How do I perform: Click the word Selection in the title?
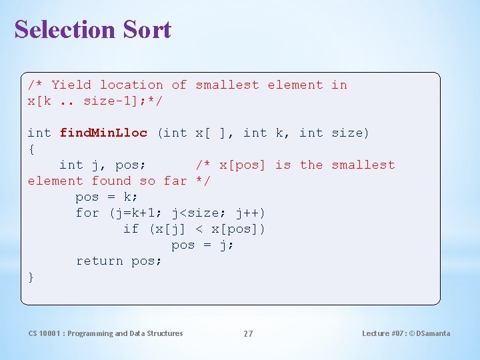(55, 29)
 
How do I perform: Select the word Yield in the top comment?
(71, 85)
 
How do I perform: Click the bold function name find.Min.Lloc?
(103, 133)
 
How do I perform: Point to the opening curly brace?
(31, 149)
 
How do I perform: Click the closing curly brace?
(31, 277)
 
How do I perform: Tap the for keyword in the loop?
(87, 213)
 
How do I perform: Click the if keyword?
(131, 229)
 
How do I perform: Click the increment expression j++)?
(250, 213)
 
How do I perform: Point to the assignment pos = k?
(107, 197)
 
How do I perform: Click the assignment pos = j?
(203, 245)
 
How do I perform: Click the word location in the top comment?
(131, 85)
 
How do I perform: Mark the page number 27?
(248, 333)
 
